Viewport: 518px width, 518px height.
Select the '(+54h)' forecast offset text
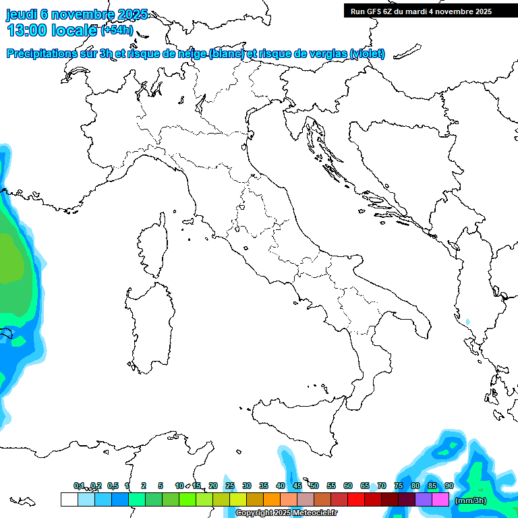(117, 30)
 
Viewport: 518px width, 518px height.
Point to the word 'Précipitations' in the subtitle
(49, 53)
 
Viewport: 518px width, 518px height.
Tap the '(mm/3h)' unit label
(471, 500)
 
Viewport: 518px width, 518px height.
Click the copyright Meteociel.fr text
(286, 513)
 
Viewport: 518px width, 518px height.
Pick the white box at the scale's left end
(69, 500)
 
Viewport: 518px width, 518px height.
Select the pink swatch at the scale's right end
(440, 500)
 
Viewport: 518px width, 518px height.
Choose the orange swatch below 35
(272, 500)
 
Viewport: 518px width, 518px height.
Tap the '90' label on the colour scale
(449, 486)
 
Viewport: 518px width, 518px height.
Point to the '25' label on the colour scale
(230, 486)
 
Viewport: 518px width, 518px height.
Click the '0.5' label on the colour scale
(113, 486)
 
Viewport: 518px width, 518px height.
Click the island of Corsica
(152, 247)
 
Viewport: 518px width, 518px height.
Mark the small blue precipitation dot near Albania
(467, 321)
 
